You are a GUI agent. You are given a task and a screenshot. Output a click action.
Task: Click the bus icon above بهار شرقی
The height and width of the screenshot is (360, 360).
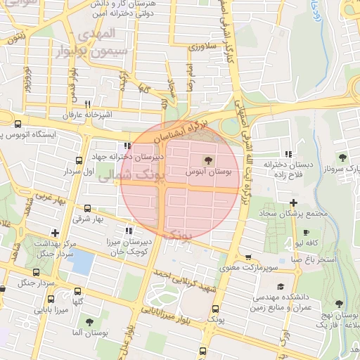pos(87,208)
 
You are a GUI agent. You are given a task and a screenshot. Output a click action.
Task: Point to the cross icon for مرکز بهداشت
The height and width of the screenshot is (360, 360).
pos(55,232)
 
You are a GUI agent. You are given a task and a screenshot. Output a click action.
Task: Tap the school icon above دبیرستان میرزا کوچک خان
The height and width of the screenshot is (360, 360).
pos(128,230)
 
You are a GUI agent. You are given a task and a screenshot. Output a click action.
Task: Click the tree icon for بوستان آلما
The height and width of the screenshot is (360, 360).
pos(89,321)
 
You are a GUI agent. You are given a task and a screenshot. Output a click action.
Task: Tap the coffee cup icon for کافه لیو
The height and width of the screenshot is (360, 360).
pos(306,232)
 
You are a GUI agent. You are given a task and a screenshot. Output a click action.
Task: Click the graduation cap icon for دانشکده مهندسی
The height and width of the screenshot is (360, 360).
pos(281,286)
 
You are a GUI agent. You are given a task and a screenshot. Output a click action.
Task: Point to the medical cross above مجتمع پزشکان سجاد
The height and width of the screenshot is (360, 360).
pos(293,202)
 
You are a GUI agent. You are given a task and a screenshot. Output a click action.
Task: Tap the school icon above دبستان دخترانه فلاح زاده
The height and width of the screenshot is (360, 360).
pos(288,153)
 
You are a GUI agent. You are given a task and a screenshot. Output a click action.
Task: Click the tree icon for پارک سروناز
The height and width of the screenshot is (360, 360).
pos(342,157)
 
